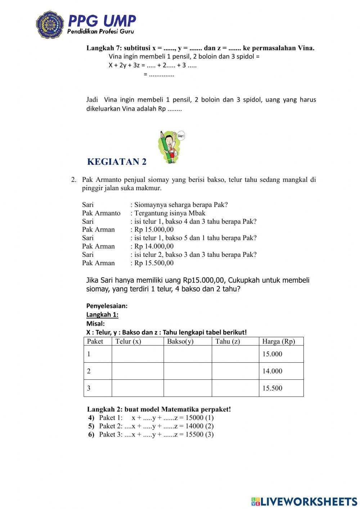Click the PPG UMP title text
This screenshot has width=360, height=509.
[102, 21]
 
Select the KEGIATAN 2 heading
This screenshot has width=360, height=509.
[117, 162]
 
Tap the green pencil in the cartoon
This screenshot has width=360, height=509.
[165, 146]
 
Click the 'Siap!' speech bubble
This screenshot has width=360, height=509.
[181, 136]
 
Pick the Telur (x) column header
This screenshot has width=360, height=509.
[128, 341]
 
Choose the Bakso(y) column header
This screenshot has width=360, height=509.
[180, 341]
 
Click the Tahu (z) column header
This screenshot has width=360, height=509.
[228, 341]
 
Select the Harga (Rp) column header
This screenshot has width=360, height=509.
[278, 341]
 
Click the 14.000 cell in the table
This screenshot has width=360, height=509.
[272, 371]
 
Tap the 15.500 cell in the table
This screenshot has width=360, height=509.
[272, 388]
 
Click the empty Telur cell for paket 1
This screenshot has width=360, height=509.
[138, 354]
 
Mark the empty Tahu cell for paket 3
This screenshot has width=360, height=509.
[235, 388]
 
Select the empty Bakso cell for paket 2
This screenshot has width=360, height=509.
[188, 371]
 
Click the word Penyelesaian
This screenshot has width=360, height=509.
[107, 306]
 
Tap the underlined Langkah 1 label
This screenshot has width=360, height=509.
[102, 314]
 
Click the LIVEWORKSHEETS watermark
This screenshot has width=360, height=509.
[304, 501]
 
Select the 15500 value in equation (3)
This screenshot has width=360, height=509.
[194, 434]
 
